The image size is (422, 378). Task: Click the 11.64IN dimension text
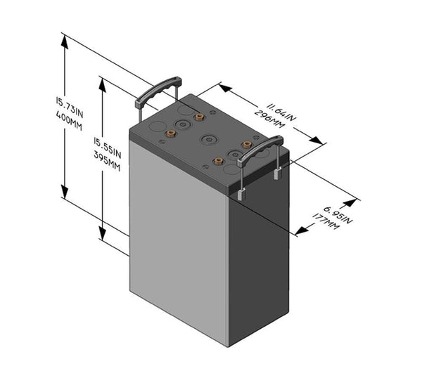279,108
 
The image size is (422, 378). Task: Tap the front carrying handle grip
260,151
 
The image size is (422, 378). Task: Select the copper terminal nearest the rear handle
200,117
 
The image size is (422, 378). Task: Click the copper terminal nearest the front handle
247,145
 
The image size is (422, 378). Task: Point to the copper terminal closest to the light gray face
170,133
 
